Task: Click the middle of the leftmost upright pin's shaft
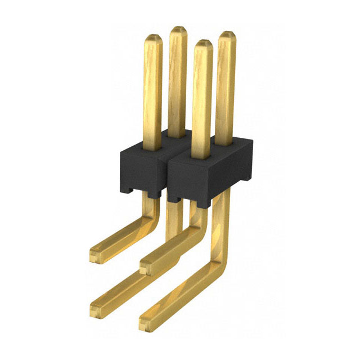tap(152, 93)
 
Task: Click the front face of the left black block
tap(141, 172)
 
